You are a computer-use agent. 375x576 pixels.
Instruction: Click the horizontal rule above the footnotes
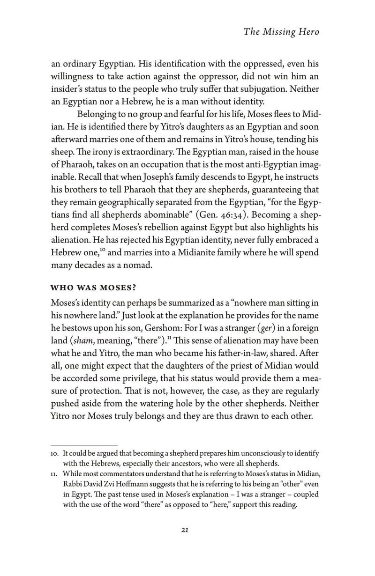(84, 445)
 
